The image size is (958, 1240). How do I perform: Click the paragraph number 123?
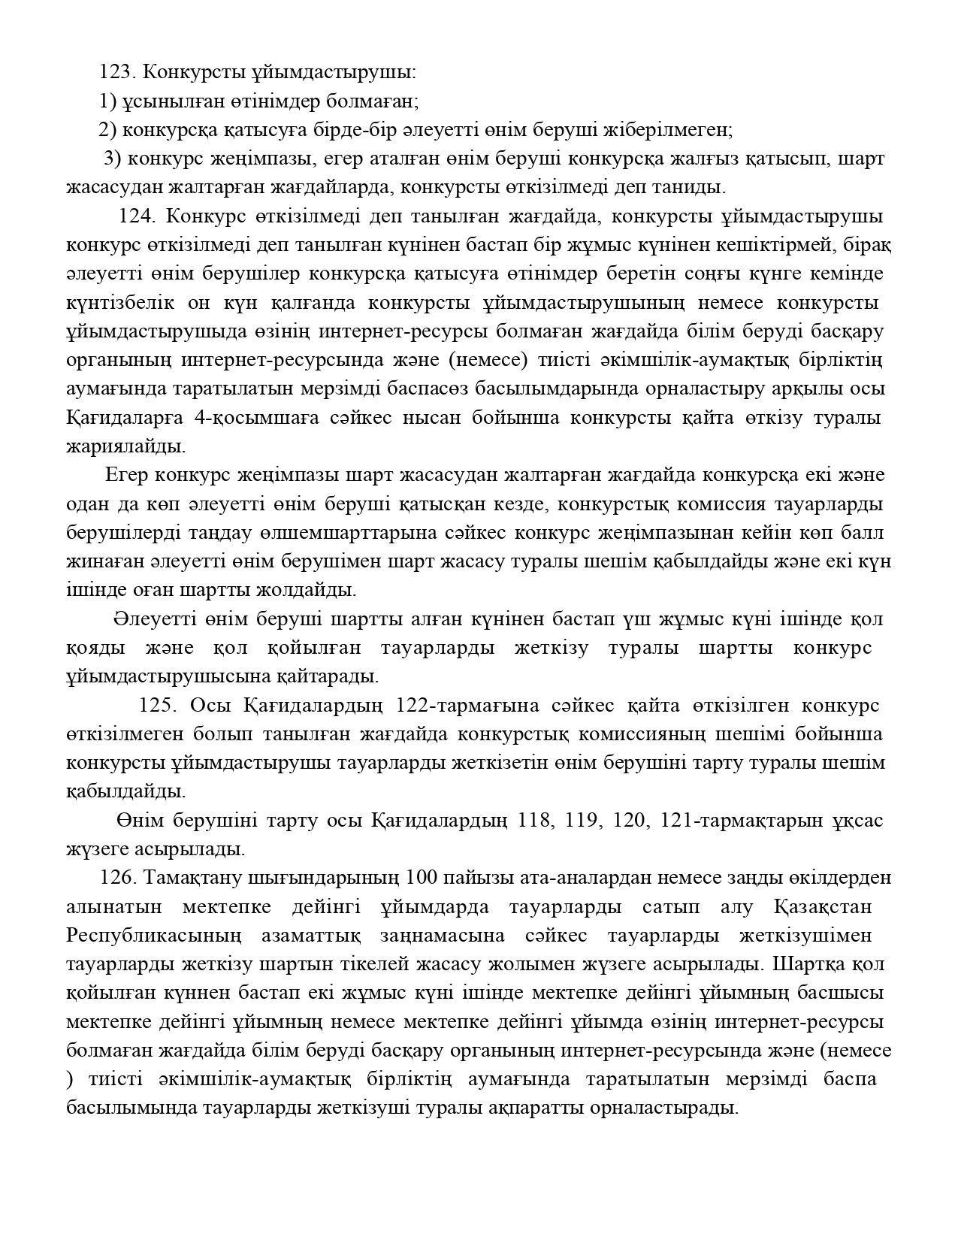click(x=115, y=72)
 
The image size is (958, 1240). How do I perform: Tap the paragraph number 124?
click(x=136, y=216)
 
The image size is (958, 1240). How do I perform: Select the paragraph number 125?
click(x=156, y=706)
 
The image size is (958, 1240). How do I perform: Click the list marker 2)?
click(x=107, y=130)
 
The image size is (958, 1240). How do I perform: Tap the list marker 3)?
click(x=113, y=159)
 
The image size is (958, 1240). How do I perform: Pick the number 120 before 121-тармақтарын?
click(x=630, y=820)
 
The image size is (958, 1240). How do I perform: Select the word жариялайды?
click(x=125, y=446)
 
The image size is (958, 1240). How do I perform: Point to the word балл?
click(x=863, y=533)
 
